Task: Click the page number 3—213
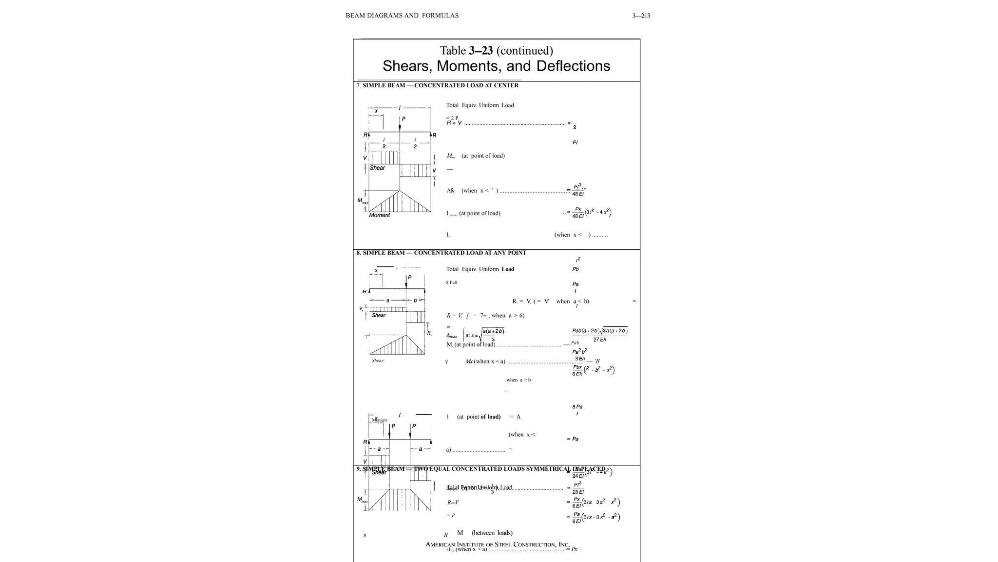coord(641,16)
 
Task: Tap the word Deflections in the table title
coord(573,66)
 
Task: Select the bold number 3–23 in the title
coord(481,51)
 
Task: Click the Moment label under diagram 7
coord(380,215)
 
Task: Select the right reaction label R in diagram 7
coord(434,135)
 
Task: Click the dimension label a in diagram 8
coord(388,301)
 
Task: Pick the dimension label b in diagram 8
coord(415,301)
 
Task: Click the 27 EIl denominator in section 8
coord(599,340)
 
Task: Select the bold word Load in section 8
coord(508,269)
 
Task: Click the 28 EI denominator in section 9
coord(578,492)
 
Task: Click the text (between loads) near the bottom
coord(492,533)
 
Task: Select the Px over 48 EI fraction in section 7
coord(578,213)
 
